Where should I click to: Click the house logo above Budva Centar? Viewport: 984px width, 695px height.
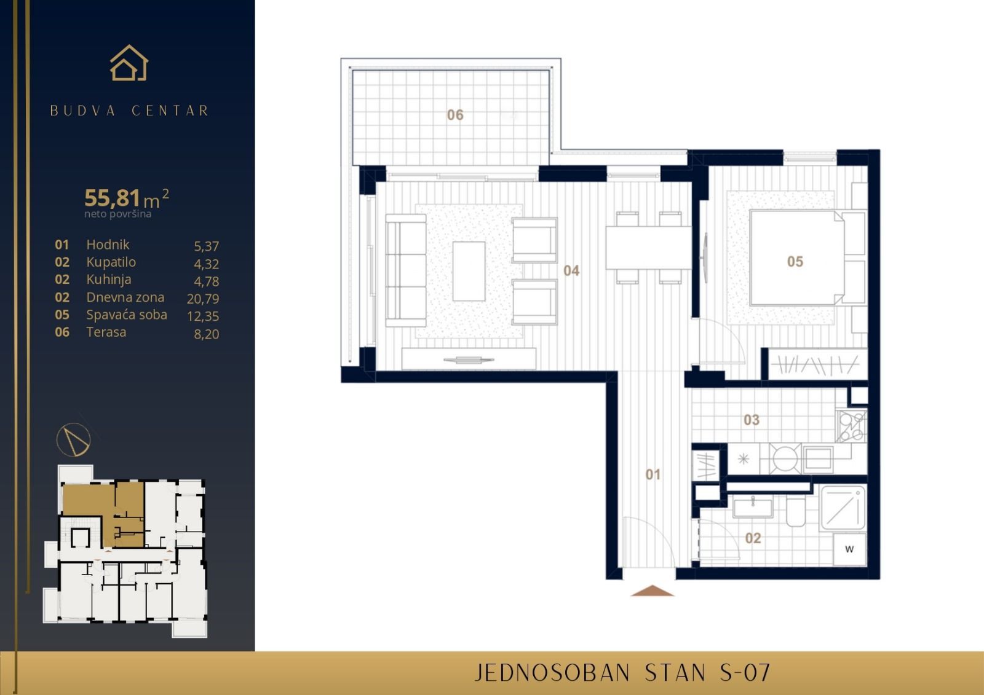point(129,63)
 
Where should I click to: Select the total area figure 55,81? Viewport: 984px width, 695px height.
point(113,198)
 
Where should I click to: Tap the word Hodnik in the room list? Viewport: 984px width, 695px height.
point(108,245)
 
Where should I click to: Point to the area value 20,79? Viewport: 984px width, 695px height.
point(203,299)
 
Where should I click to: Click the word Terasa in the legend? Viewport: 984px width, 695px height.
point(106,332)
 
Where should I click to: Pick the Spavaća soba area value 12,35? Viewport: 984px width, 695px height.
point(203,316)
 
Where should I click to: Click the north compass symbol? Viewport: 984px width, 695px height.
point(74,439)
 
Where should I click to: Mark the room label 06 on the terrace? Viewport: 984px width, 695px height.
point(455,115)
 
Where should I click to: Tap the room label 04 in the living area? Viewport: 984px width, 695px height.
point(571,270)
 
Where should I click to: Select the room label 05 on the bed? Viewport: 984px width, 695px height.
point(795,262)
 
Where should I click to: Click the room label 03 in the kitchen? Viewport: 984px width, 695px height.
point(752,420)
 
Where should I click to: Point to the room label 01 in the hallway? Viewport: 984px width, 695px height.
point(653,474)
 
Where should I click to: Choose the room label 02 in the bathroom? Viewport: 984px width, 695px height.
point(753,538)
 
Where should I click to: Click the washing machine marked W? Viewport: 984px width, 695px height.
point(849,549)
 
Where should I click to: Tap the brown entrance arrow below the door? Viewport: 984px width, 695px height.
point(653,591)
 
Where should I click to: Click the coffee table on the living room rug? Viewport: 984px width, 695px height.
point(469,271)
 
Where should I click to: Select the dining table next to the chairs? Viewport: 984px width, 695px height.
point(648,248)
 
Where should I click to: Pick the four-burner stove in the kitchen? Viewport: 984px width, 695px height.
point(851,426)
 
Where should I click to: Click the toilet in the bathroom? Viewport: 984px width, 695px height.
point(796,514)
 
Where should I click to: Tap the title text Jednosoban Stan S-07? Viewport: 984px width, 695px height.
point(622,673)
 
